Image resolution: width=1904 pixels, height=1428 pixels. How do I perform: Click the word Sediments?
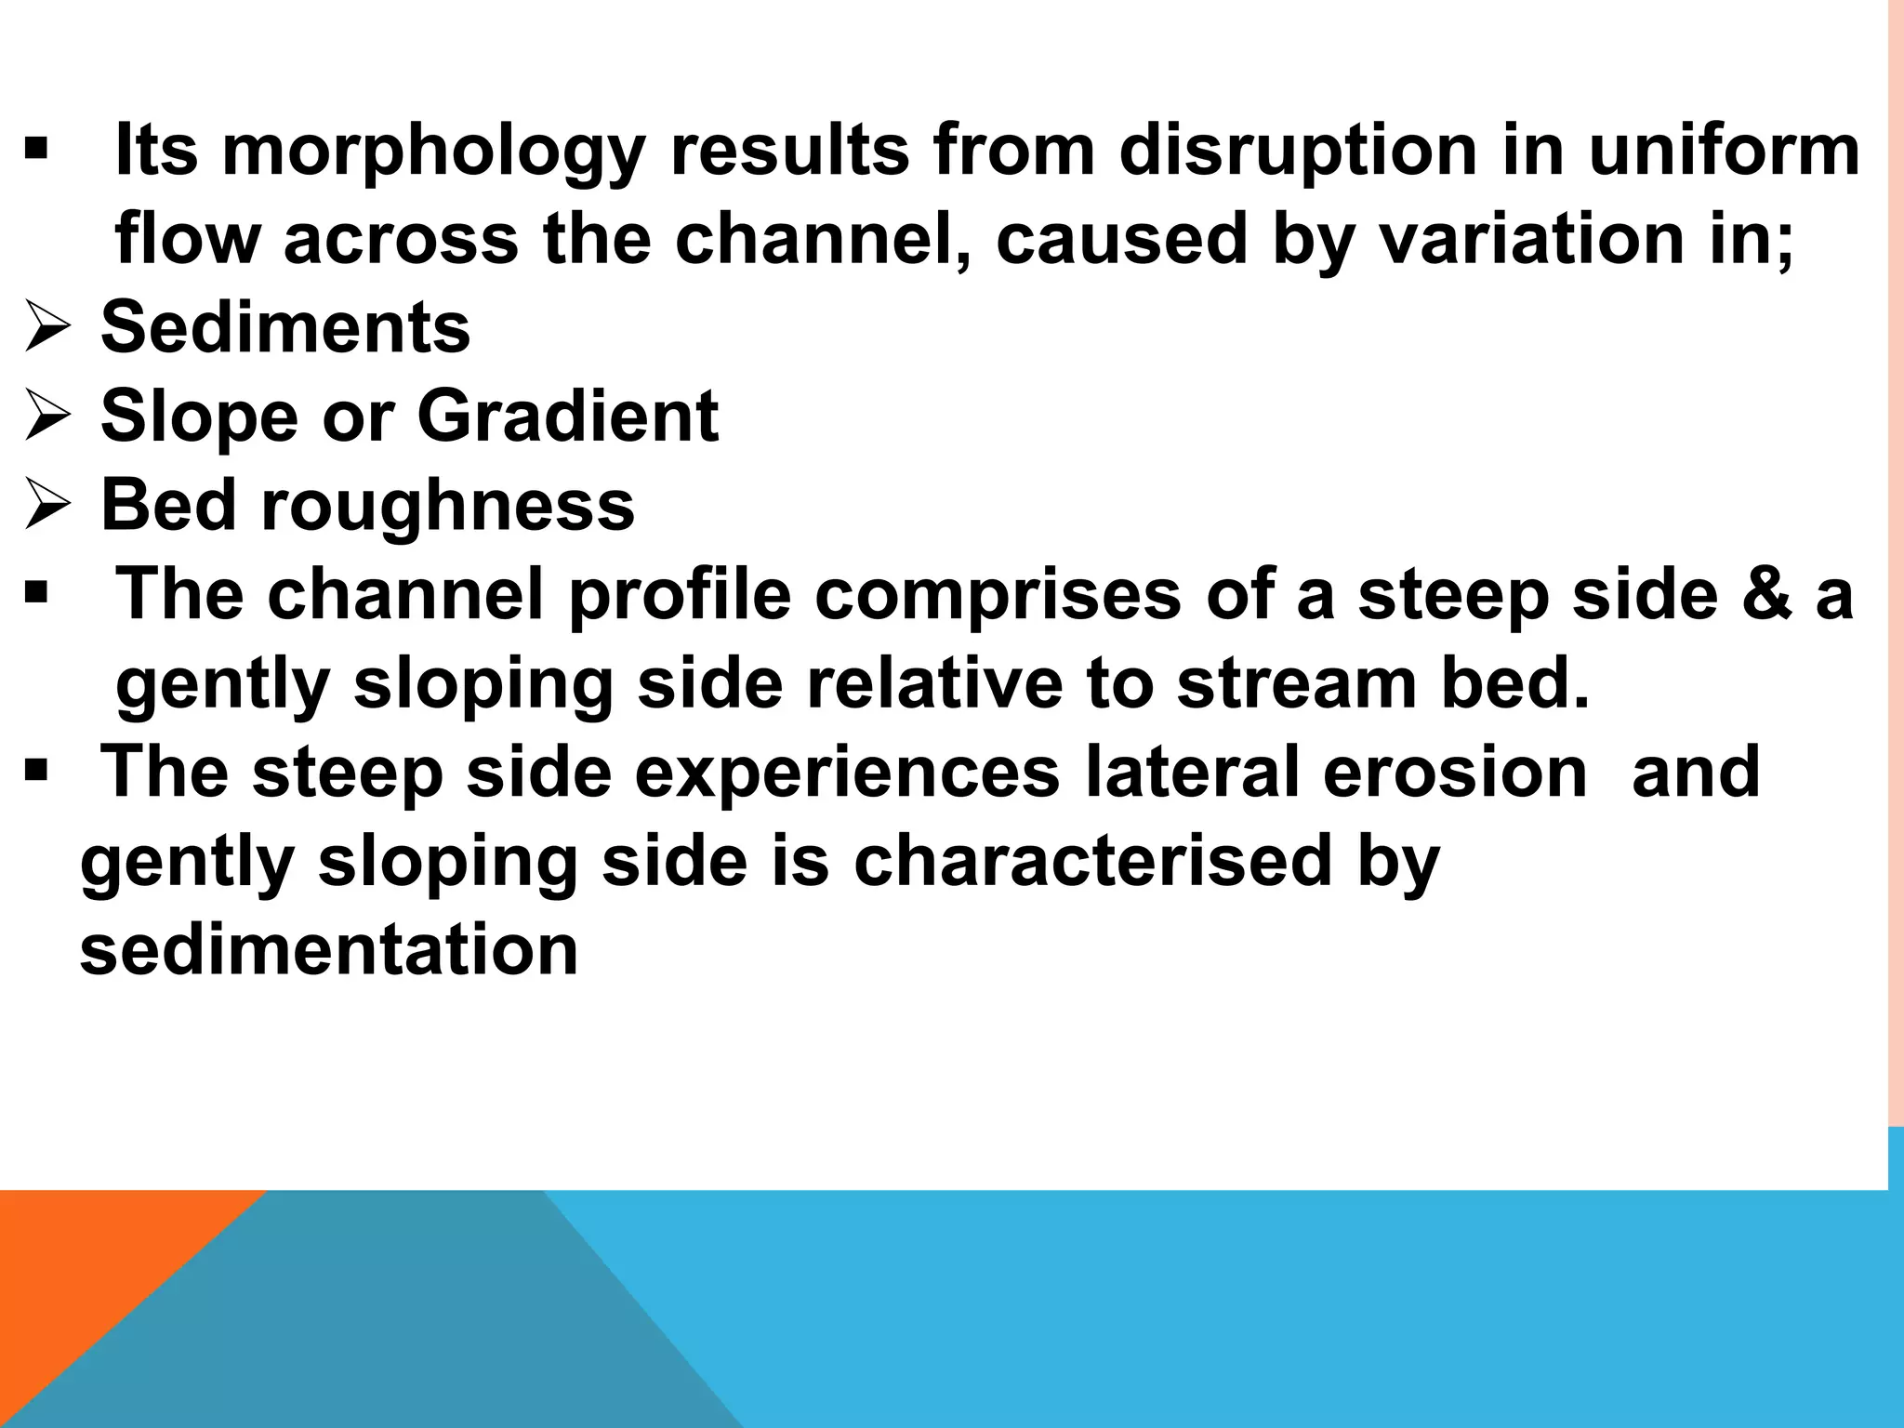click(285, 327)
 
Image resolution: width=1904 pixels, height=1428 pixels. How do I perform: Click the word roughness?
click(447, 506)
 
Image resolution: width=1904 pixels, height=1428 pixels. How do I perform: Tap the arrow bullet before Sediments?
click(47, 328)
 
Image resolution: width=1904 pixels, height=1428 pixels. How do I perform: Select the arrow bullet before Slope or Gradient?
click(47, 416)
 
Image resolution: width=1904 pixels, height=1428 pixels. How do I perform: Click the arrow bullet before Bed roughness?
click(47, 506)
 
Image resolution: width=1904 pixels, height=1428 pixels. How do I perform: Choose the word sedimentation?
click(329, 949)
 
